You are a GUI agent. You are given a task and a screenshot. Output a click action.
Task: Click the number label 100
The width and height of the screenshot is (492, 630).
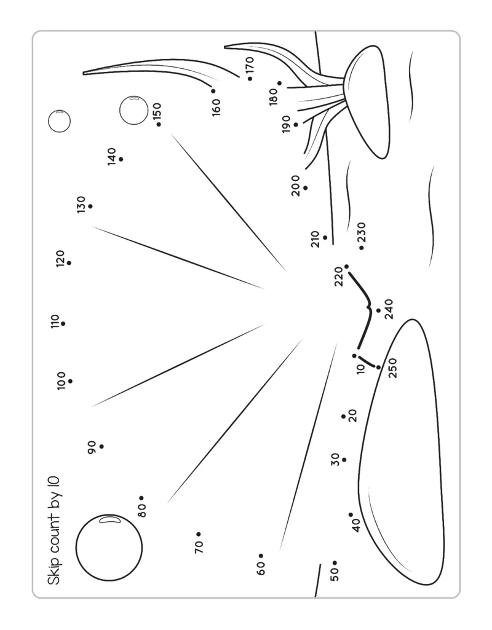click(x=61, y=381)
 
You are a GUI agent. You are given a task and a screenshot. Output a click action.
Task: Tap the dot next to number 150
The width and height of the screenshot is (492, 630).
click(x=159, y=125)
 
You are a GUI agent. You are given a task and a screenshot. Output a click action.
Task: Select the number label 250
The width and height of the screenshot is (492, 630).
click(x=393, y=368)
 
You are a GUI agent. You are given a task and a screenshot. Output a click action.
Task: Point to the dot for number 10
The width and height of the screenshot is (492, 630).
click(x=354, y=356)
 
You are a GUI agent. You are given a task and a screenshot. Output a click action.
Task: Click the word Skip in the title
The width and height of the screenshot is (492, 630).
click(x=54, y=573)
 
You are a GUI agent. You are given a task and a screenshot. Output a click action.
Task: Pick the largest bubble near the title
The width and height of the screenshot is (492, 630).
click(x=109, y=547)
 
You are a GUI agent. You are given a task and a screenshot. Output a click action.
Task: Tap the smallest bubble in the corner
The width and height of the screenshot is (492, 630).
click(x=59, y=120)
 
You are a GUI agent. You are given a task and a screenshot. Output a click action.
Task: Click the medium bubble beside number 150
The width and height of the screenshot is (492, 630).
click(x=133, y=110)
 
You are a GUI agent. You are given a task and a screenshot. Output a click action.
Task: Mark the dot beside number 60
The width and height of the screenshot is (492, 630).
click(x=261, y=556)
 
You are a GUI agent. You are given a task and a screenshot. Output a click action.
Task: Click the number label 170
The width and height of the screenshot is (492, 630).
click(x=249, y=64)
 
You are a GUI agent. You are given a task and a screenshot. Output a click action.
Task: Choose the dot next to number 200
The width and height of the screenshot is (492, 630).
click(x=305, y=187)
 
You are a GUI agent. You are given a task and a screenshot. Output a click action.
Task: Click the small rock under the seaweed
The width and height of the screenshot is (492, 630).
click(x=368, y=101)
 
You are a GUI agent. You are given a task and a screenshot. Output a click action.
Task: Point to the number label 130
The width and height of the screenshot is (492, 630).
click(x=81, y=203)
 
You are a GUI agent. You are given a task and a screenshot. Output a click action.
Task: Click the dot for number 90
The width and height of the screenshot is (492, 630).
click(x=101, y=446)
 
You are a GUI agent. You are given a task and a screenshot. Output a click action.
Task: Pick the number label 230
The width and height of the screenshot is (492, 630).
click(x=361, y=234)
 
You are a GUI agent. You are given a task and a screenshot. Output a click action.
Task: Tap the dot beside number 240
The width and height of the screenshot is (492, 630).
click(x=378, y=310)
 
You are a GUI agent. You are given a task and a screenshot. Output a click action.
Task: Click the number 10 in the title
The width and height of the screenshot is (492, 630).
click(x=54, y=485)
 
